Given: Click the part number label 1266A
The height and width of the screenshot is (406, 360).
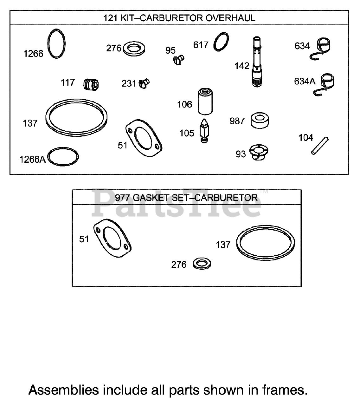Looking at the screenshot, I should coord(32,159).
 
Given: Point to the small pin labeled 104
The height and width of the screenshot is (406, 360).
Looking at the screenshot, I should coord(320,146).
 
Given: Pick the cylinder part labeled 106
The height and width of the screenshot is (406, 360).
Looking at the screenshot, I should coord(205,101).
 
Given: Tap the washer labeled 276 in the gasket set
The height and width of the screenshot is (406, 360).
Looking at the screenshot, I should coord(202,264).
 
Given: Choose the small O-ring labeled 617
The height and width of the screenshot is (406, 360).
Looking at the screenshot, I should coord(221,41).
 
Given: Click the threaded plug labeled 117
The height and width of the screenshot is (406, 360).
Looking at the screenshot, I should coord(91,85).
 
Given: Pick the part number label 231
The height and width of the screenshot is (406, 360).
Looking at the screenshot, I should coord(129,84).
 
